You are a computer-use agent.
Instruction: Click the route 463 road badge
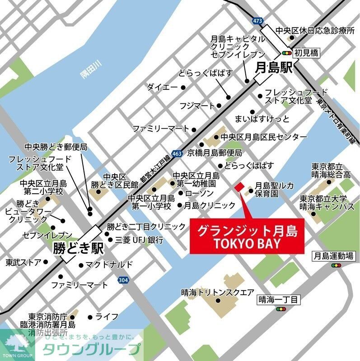point(177,154)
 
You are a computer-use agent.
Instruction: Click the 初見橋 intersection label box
point(307,53)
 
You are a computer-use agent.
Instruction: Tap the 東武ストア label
point(23,262)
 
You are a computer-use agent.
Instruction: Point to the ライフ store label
point(107,317)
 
